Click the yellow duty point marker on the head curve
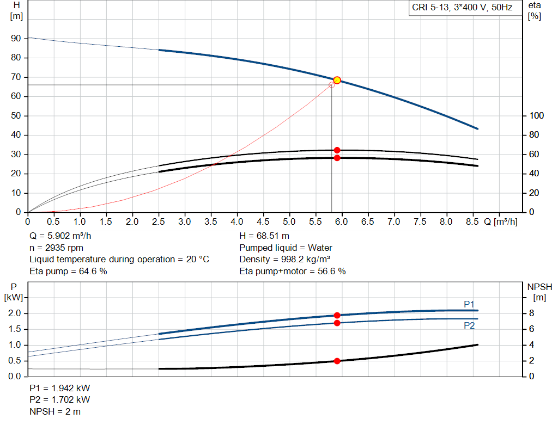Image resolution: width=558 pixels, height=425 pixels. click(x=337, y=80)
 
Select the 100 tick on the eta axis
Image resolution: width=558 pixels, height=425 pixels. click(x=536, y=116)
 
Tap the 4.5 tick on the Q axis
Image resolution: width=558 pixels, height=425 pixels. click(x=263, y=222)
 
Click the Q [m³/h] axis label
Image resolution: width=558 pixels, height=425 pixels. click(x=501, y=222)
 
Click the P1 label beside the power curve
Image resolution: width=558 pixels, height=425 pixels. click(x=469, y=304)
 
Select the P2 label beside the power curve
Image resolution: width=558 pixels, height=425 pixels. click(x=469, y=325)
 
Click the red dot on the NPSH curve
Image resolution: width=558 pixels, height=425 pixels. click(x=337, y=361)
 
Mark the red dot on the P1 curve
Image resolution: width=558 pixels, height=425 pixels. click(x=337, y=315)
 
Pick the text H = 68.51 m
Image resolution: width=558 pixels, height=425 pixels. click(x=264, y=236)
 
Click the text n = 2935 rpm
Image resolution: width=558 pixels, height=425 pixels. click(x=56, y=248)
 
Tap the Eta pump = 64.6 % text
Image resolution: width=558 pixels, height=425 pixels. click(x=68, y=271)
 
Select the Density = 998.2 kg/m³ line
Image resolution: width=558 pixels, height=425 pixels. click(x=285, y=260)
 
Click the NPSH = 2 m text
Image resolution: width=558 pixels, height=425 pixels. click(x=55, y=411)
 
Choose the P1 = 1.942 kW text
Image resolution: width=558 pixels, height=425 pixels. click(x=60, y=389)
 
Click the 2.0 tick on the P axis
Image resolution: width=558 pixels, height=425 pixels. click(x=15, y=313)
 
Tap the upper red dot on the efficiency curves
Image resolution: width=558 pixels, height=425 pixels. click(x=337, y=150)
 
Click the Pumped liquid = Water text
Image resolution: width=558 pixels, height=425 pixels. click(x=286, y=248)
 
